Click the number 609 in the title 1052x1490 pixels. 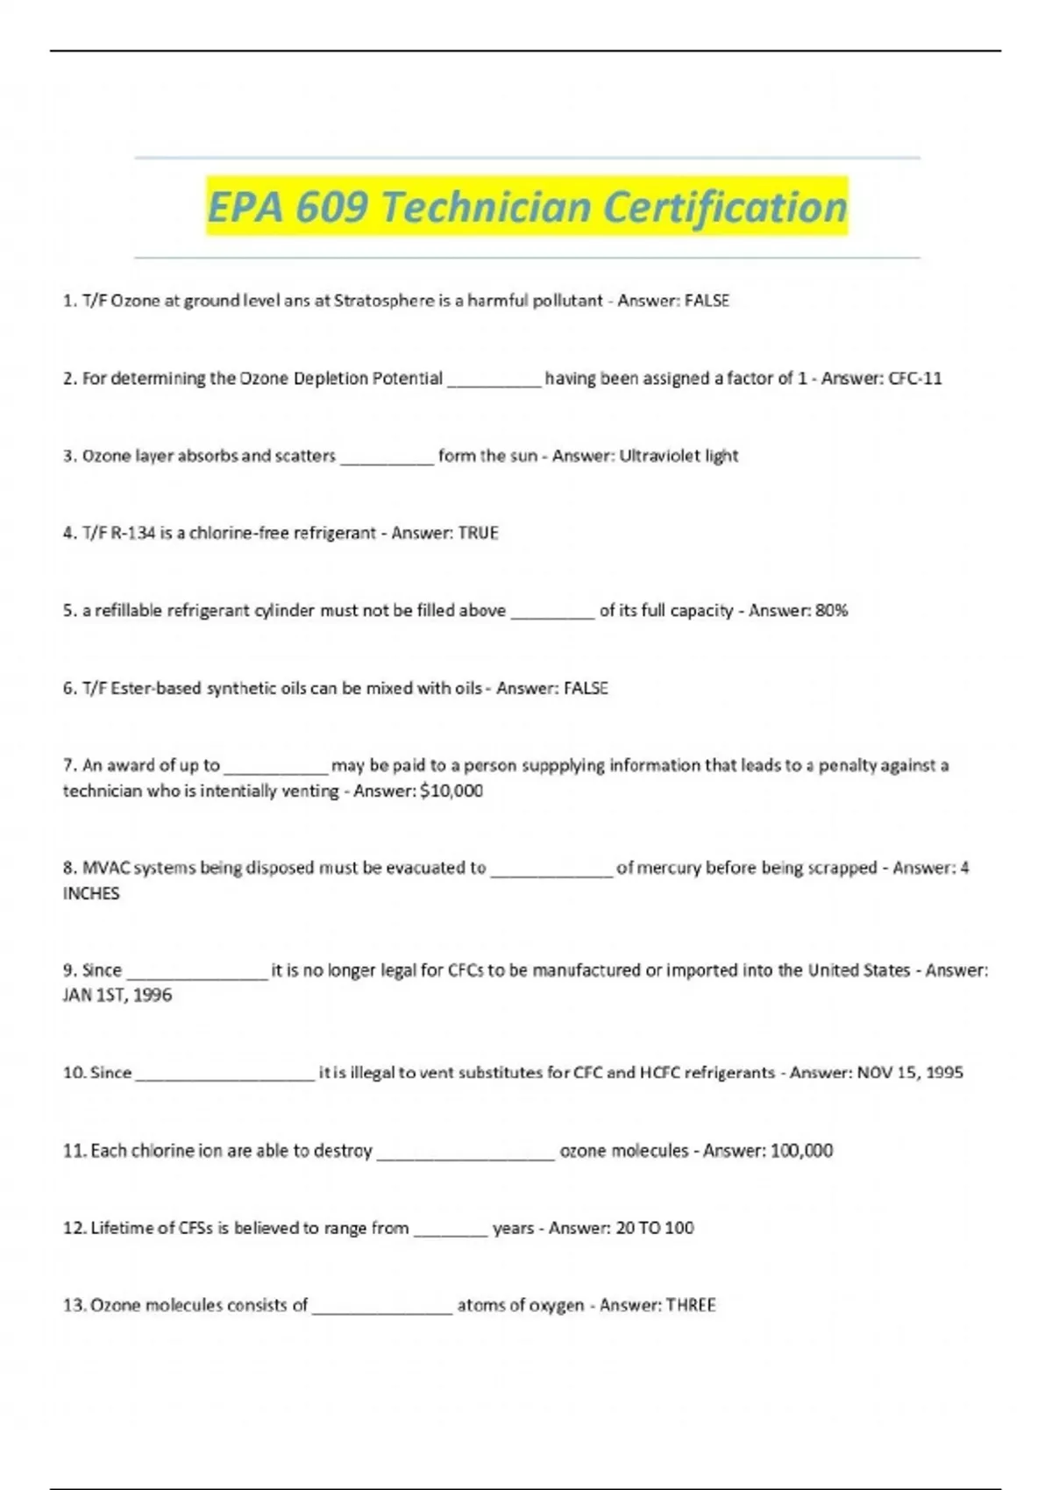pyautogui.click(x=331, y=208)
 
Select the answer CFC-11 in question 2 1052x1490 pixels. pyautogui.click(x=915, y=379)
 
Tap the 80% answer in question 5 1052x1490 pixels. pyautogui.click(x=831, y=611)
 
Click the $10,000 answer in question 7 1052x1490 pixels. pyautogui.click(x=451, y=791)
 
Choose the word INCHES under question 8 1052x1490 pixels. pyautogui.click(x=91, y=893)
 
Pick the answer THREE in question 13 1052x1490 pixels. pyautogui.click(x=691, y=1305)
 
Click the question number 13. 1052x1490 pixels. pyautogui.click(x=74, y=1305)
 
